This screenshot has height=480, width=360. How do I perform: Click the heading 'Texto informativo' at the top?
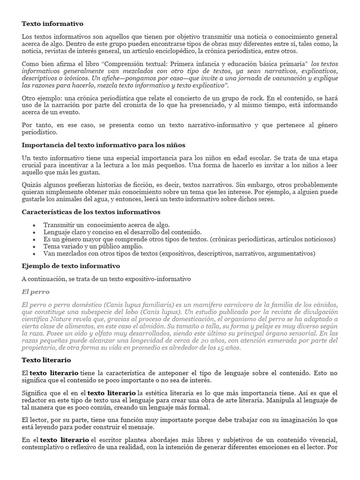[52, 23]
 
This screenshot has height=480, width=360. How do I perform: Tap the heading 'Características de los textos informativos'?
[91, 212]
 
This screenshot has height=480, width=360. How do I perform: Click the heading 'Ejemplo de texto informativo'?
[71, 266]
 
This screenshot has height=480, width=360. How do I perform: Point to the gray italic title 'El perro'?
[36, 292]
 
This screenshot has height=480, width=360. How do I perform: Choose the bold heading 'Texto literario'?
[46, 360]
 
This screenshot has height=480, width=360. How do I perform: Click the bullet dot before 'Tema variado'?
[34, 247]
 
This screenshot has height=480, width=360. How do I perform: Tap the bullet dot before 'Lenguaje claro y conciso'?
[34, 232]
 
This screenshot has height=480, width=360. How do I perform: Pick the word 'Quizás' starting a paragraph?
[31, 185]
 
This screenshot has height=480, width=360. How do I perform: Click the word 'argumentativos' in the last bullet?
[292, 254]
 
